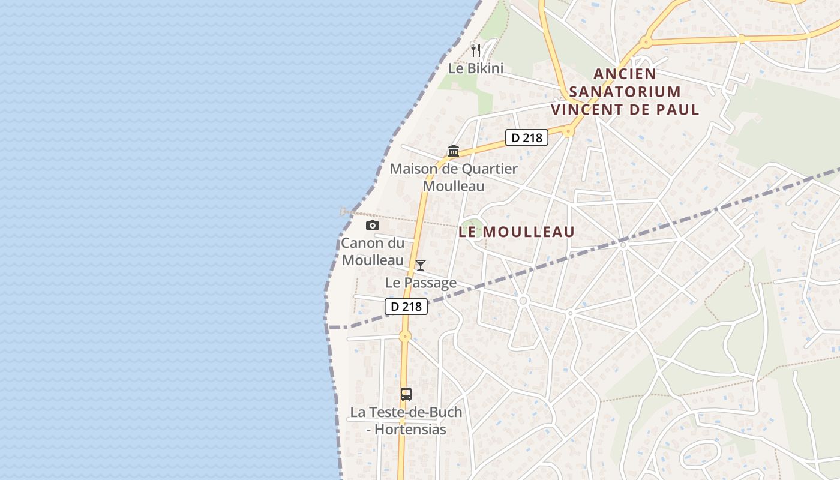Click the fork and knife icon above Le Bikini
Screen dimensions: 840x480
tap(476, 50)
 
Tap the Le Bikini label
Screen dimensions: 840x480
tap(476, 68)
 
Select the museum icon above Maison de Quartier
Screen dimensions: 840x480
tap(454, 151)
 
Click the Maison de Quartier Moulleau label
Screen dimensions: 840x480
tap(454, 177)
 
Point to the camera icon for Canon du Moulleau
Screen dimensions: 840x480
tap(373, 225)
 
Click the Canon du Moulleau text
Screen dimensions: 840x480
tap(373, 252)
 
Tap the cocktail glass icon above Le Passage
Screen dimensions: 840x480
tap(421, 265)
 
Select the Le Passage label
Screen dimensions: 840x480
tap(421, 283)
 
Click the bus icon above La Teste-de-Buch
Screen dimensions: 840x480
tap(406, 394)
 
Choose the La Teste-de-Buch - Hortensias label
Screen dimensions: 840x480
tap(406, 421)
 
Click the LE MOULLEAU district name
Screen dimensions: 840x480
tap(517, 232)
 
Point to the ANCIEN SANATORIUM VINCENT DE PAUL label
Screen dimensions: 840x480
tap(625, 92)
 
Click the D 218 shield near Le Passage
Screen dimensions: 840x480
tap(406, 307)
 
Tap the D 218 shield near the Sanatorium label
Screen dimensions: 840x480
tap(527, 137)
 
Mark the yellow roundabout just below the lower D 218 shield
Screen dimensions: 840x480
tap(405, 336)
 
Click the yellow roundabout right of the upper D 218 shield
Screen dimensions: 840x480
tap(569, 131)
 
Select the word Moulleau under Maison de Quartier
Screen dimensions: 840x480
tap(454, 186)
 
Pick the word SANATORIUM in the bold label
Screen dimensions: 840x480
tap(625, 92)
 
